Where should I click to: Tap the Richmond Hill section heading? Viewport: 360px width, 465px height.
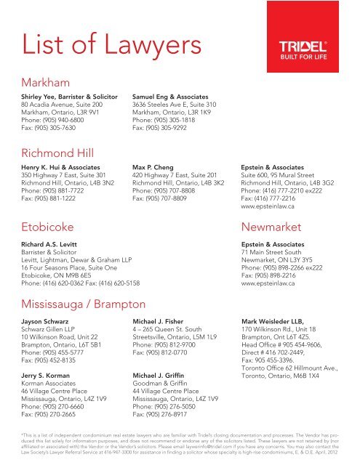(64, 151)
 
